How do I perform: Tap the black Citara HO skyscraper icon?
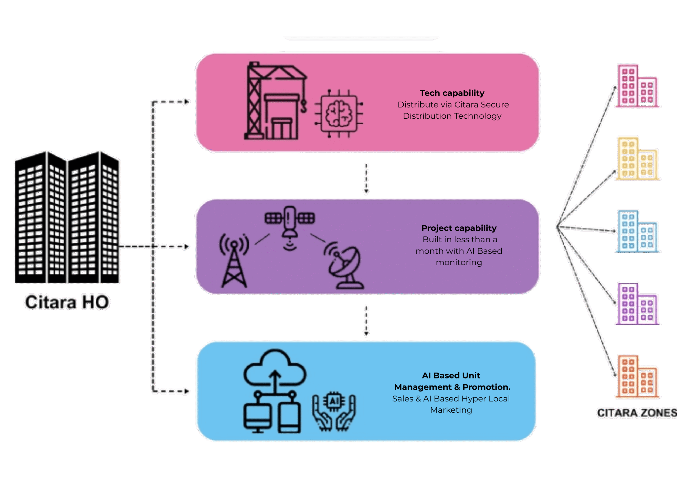(x=67, y=217)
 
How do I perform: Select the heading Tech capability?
(x=452, y=93)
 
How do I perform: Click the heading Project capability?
(x=458, y=228)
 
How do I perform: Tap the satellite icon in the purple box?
(x=290, y=223)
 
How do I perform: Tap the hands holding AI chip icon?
(x=334, y=411)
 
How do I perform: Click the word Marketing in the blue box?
(x=451, y=410)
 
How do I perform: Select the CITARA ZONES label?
(x=637, y=413)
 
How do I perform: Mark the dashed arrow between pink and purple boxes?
(x=366, y=178)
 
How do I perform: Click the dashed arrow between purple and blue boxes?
(x=366, y=320)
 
